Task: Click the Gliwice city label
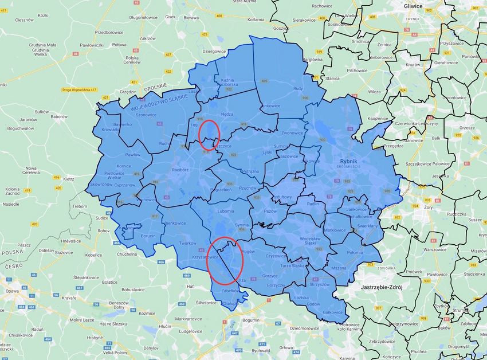point(413,5)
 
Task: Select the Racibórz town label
point(180,170)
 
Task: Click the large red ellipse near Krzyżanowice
point(225,260)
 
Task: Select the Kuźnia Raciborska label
point(229,83)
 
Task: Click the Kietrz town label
point(69,179)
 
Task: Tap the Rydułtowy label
point(283,197)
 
